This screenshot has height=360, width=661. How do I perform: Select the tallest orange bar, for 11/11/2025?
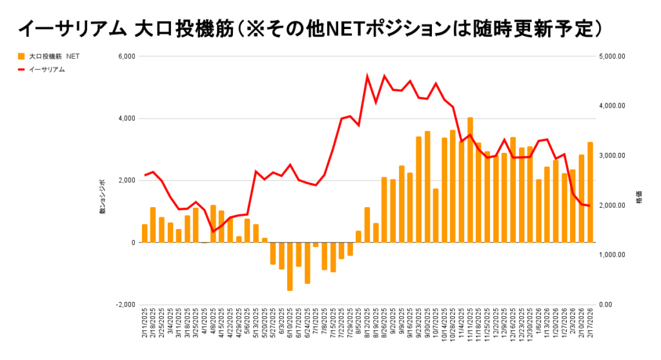point(470,180)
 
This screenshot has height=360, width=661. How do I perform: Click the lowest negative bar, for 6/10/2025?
point(290,266)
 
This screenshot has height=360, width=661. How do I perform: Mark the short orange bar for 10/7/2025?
point(436,215)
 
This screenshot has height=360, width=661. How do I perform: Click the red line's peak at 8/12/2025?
point(367,77)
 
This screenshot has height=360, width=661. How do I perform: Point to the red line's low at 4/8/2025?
point(213,232)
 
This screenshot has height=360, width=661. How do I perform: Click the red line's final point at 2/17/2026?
point(589,206)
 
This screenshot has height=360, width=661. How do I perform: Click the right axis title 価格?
point(638,201)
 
